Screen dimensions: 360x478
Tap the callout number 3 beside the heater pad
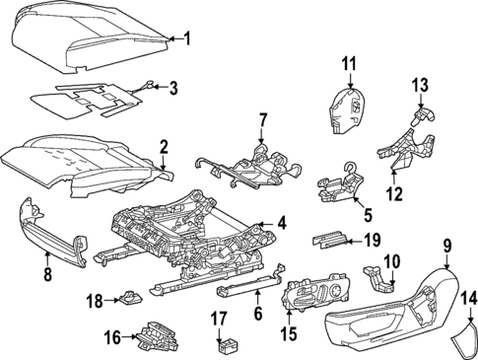(x=173, y=89)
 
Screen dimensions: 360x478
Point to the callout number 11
(x=348, y=65)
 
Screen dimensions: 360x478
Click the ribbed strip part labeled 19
(x=332, y=237)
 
